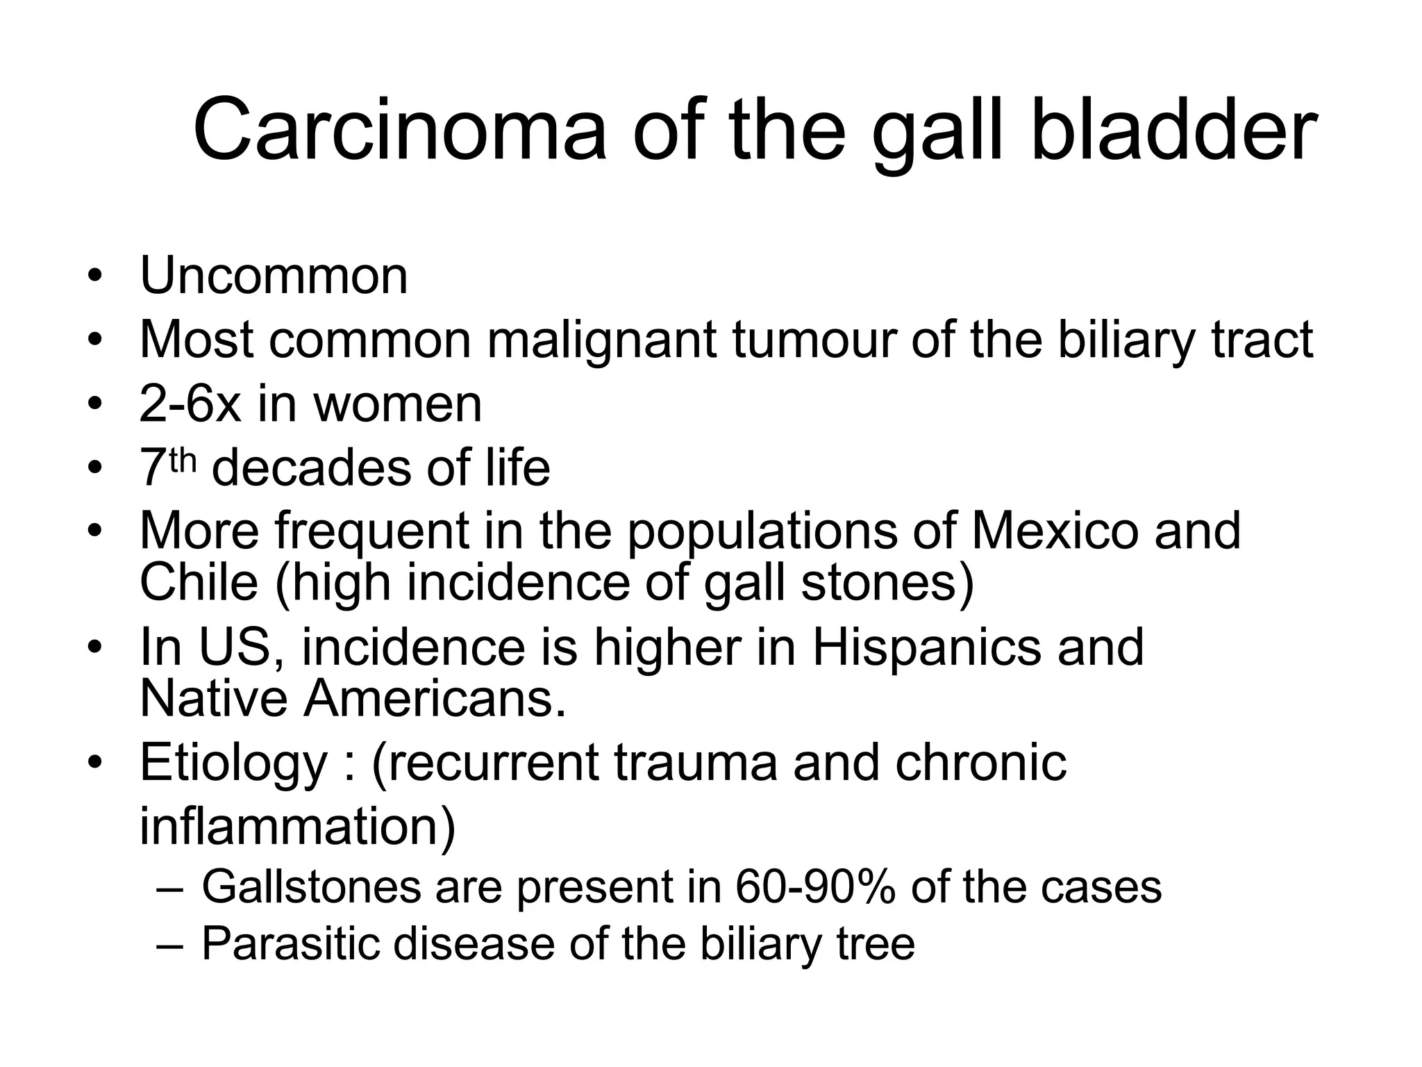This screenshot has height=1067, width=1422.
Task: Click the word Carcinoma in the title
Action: click(x=399, y=131)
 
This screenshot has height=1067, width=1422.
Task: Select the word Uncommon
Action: click(x=274, y=276)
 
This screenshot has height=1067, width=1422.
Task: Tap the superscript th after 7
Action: click(x=183, y=460)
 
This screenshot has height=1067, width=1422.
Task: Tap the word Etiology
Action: click(x=233, y=763)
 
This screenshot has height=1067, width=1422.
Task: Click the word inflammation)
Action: click(x=298, y=826)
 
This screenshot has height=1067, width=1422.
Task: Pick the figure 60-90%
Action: click(x=814, y=887)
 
